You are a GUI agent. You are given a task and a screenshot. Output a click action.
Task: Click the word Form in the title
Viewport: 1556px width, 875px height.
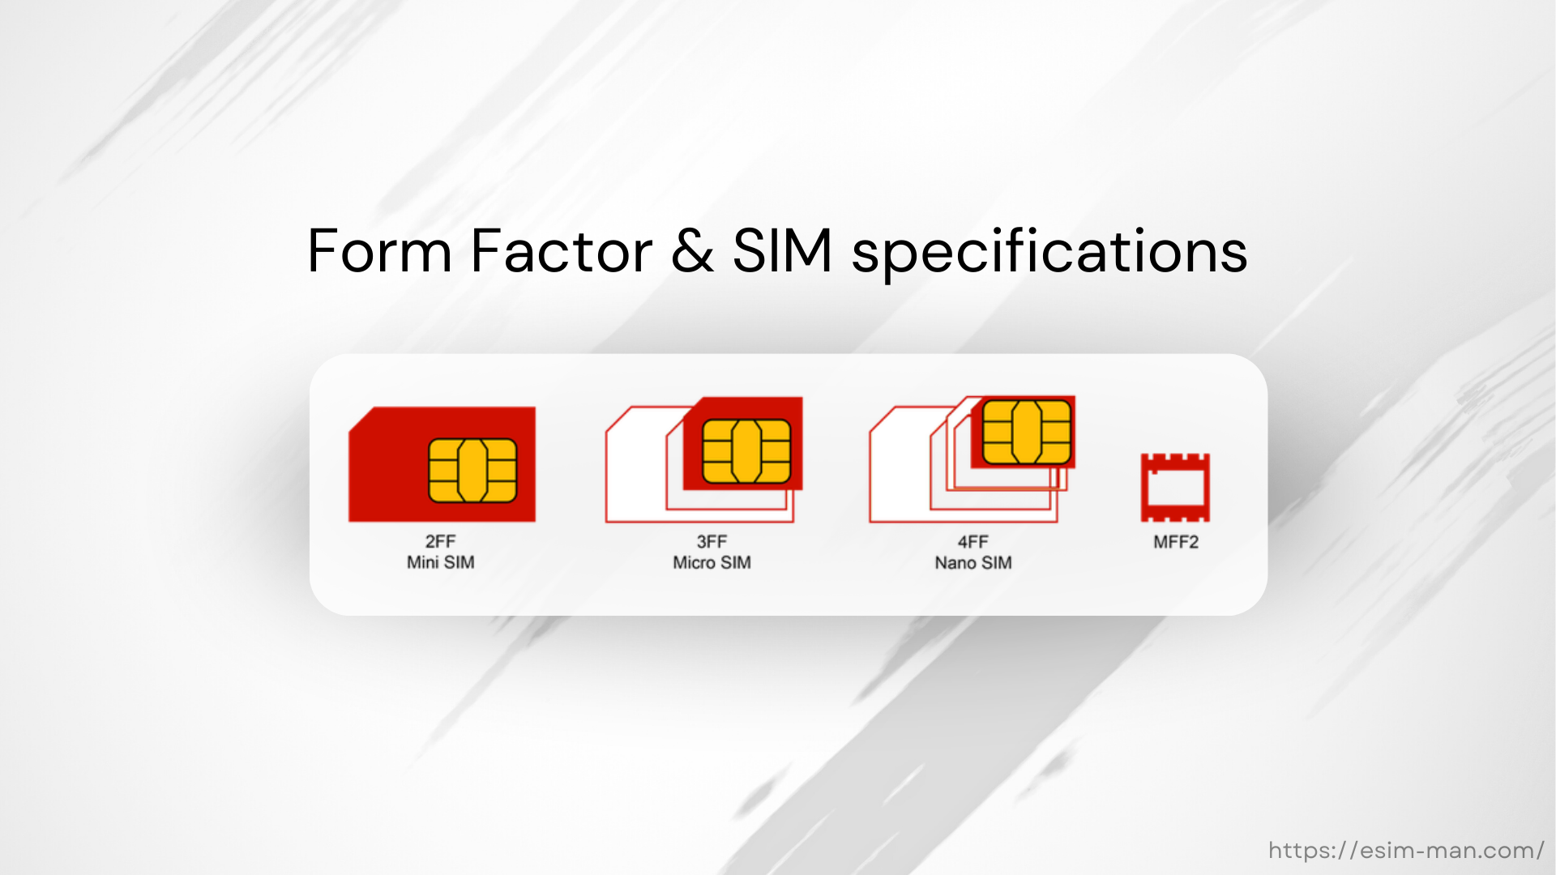point(378,251)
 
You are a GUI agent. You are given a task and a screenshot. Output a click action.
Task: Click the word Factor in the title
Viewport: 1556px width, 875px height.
point(561,251)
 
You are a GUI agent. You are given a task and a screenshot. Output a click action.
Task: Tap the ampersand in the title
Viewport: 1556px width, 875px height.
point(692,251)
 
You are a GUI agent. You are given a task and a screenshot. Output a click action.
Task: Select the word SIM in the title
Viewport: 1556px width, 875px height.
point(782,251)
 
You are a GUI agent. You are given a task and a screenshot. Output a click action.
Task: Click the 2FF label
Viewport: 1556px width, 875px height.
point(440,541)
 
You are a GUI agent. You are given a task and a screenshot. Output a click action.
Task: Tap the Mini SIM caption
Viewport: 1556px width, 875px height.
point(440,562)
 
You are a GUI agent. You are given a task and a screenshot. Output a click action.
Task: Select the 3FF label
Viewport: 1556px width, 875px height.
point(712,541)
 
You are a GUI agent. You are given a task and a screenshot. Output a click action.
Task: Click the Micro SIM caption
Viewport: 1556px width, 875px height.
point(712,562)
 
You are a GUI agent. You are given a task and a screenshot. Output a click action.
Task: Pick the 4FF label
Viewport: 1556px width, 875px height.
point(972,541)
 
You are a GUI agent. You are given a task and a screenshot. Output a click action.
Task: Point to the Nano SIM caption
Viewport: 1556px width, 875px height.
point(972,562)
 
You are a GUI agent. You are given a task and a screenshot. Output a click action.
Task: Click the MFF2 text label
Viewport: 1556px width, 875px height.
point(1175,542)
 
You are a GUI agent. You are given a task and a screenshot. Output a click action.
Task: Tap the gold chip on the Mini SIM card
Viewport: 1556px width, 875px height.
point(472,471)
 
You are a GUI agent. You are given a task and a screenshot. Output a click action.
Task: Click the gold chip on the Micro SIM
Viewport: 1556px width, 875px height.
point(746,451)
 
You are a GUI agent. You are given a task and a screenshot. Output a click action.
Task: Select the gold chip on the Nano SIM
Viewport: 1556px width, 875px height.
point(1027,433)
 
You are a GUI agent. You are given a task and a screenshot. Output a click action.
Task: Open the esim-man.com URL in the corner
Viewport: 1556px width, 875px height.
point(1406,850)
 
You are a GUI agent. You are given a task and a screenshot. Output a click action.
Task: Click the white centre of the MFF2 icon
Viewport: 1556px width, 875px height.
point(1175,488)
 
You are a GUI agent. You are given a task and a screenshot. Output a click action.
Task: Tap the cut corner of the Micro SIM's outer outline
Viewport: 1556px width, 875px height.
point(618,419)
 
